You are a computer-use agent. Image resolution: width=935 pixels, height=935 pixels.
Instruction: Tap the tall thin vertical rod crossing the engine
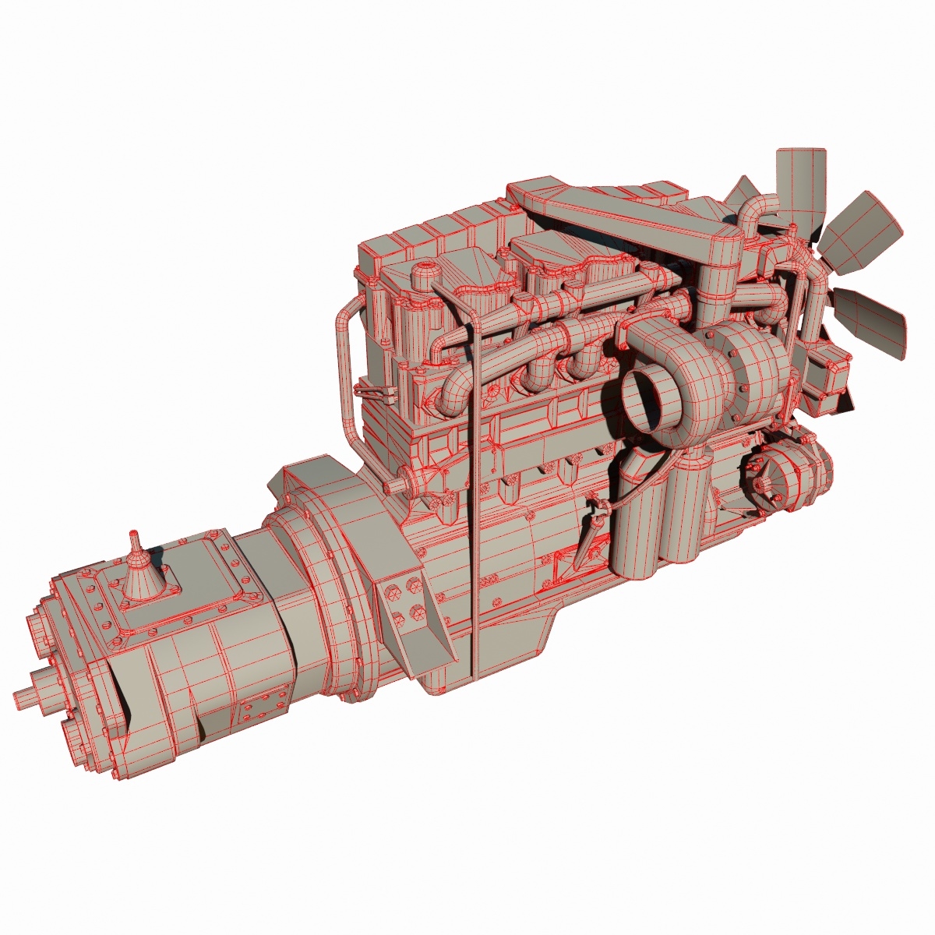473,467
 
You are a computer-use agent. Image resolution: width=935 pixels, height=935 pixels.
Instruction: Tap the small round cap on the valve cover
425,274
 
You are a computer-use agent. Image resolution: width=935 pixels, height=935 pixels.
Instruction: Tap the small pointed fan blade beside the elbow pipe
746,192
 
